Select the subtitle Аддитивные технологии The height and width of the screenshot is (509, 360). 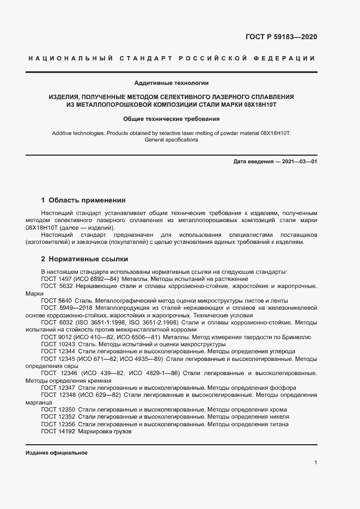pyautogui.click(x=172, y=83)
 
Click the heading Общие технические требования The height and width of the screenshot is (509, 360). pyautogui.click(x=172, y=118)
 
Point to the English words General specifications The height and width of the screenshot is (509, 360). pyautogui.click(x=172, y=140)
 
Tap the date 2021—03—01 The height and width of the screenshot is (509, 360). pyautogui.click(x=298, y=162)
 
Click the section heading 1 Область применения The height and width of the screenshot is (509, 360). pyautogui.click(x=83, y=200)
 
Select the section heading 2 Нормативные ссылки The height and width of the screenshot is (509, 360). pyautogui.click(x=84, y=259)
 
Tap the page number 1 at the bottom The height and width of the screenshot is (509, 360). pyautogui.click(x=316, y=462)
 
